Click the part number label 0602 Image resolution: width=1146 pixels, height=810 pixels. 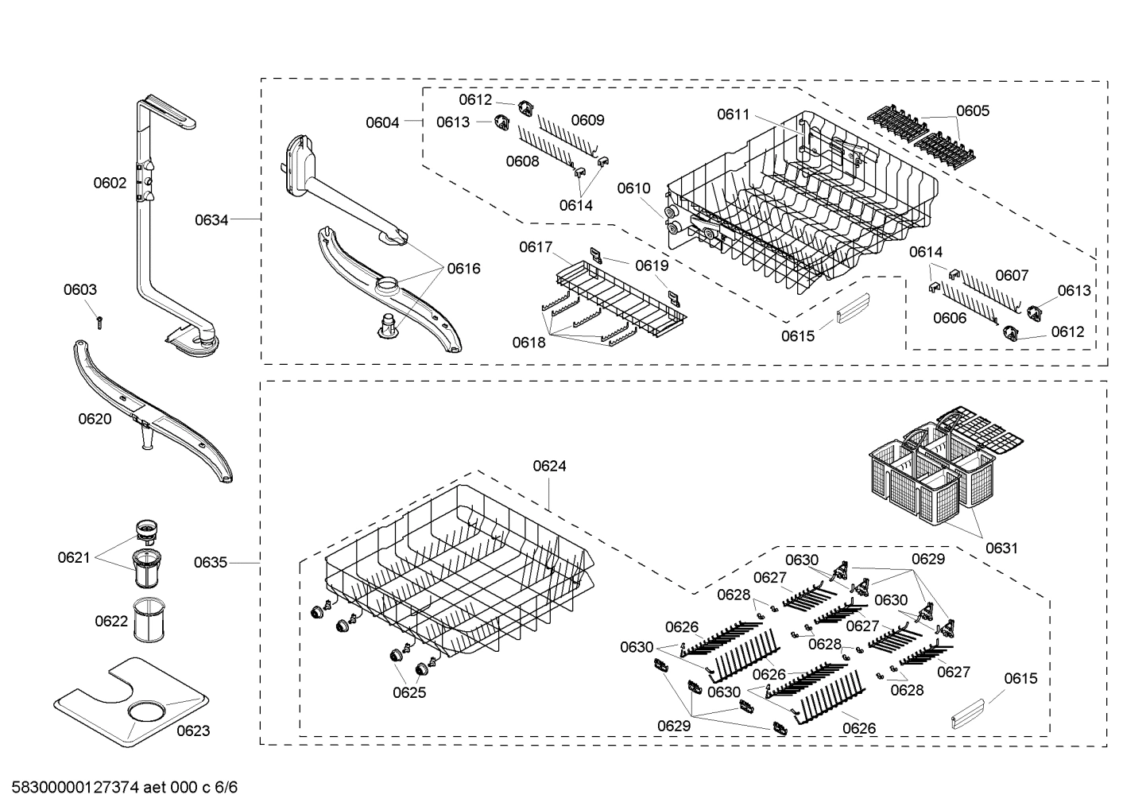click(x=110, y=183)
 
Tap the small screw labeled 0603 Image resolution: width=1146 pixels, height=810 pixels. click(x=100, y=321)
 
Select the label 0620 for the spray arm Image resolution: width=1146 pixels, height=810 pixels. click(x=95, y=419)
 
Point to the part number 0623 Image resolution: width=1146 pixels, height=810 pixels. click(x=193, y=731)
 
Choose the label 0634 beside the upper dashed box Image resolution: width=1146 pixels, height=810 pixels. click(x=211, y=219)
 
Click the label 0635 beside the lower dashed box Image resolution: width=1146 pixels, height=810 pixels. click(x=211, y=563)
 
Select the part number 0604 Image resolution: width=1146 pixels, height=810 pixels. click(x=382, y=122)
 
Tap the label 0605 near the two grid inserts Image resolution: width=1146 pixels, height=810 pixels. click(x=973, y=110)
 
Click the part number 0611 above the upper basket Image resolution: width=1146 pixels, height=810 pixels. click(x=734, y=114)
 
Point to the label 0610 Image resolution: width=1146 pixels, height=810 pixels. click(x=633, y=188)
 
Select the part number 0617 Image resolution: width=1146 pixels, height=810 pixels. click(x=536, y=247)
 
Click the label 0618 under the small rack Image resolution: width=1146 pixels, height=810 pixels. click(x=528, y=342)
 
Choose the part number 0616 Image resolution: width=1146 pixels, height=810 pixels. click(x=463, y=269)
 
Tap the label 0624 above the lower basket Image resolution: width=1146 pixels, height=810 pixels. click(x=549, y=466)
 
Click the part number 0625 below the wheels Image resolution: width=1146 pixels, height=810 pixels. click(x=409, y=692)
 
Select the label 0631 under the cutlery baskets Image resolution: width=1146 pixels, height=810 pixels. click(x=1001, y=548)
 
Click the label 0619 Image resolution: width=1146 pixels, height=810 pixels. click(x=652, y=265)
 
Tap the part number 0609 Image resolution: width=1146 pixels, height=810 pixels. click(x=587, y=120)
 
